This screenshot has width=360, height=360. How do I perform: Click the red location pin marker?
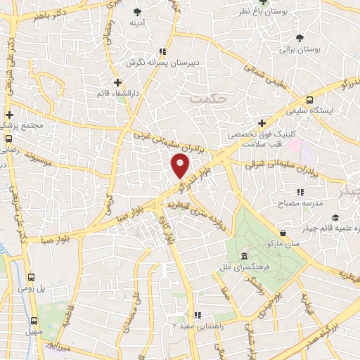(x=181, y=166)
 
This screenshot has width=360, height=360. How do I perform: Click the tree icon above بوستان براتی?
(x=301, y=38)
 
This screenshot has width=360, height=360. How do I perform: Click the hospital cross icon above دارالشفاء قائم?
(x=117, y=82)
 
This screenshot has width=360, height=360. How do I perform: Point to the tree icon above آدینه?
(x=137, y=12)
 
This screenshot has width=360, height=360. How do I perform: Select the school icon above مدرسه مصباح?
(x=300, y=191)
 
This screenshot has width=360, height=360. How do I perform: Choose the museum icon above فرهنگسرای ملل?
(x=243, y=255)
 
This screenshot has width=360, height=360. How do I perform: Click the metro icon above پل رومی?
(x=32, y=277)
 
